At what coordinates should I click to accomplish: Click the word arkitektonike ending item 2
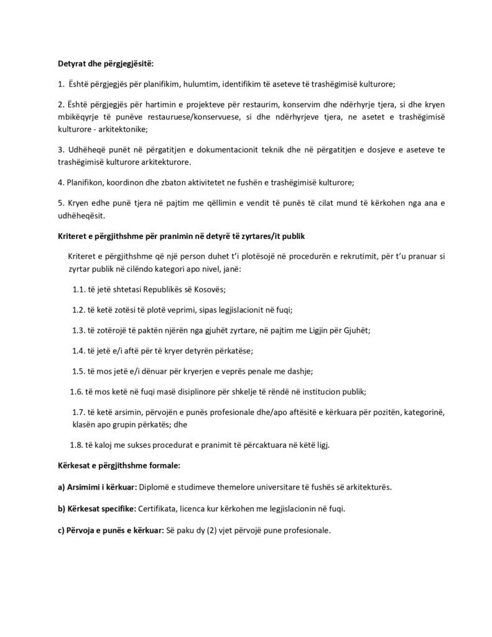(119, 129)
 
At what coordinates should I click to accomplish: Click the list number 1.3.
(78, 330)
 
